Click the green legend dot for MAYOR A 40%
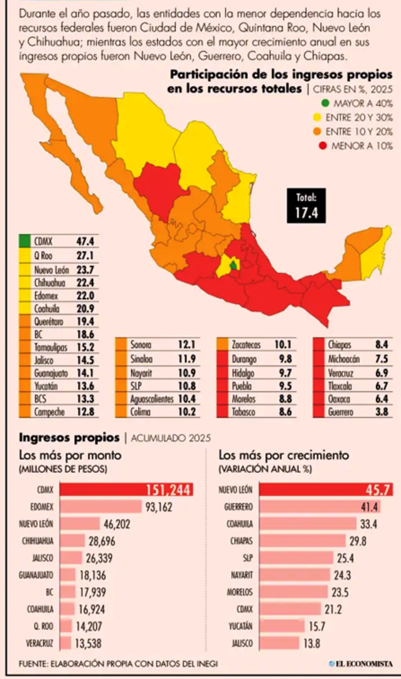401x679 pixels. pos(325,103)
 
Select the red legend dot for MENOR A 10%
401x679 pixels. pos(323,146)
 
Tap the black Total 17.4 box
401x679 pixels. pos(306,206)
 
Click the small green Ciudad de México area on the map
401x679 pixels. pos(233,265)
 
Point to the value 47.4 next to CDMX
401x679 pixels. pos(85,241)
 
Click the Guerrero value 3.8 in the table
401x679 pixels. pos(382,412)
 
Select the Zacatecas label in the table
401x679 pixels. pos(246,345)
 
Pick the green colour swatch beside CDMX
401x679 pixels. pos(24,241)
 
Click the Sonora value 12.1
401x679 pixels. pos(186,345)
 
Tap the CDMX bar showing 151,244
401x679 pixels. pos(126,489)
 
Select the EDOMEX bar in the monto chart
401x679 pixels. pos(101,507)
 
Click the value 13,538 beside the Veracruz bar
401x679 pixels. pos(88,643)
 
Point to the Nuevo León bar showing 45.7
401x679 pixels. pos(326,489)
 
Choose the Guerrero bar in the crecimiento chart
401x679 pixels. pos(320,507)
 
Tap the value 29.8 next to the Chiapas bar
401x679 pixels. pos(358,541)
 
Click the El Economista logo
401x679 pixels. pos(360,664)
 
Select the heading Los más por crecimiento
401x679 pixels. pos(284,455)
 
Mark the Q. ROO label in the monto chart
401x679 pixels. pos(43,626)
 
